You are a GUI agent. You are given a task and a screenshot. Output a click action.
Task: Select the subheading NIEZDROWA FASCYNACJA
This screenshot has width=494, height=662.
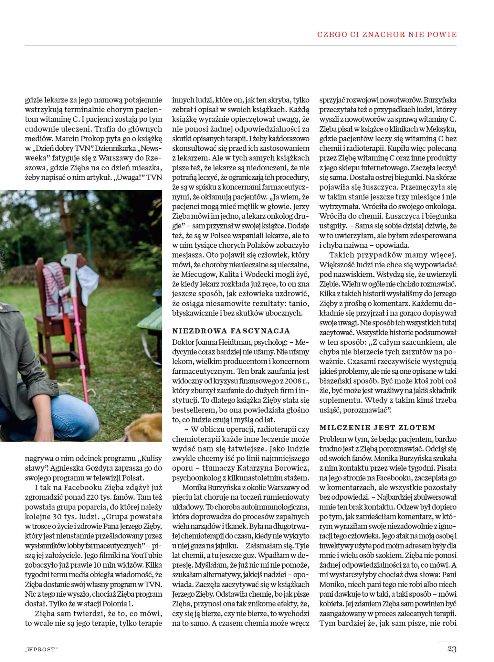coord(231,331)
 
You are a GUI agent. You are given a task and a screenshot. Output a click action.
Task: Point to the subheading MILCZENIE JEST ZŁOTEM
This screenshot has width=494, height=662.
coord(377,428)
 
